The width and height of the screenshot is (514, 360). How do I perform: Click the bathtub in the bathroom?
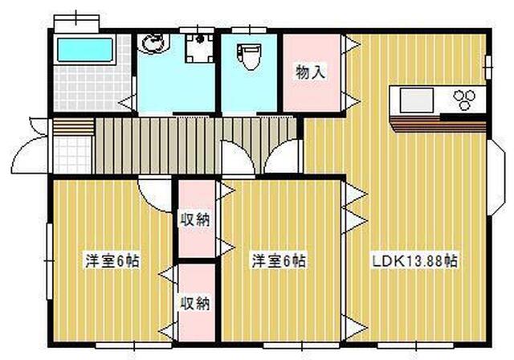[x=84, y=51]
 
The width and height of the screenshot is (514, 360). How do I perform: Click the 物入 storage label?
[x=310, y=72]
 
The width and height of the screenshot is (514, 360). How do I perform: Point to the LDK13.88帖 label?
[x=414, y=261]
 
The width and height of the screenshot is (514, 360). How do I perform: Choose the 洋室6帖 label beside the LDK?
[x=278, y=261]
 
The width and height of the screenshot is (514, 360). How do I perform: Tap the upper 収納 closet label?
[x=195, y=219]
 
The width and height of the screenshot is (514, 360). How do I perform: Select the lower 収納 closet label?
[x=195, y=303]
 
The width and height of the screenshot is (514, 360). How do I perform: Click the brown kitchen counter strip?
[x=438, y=125]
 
